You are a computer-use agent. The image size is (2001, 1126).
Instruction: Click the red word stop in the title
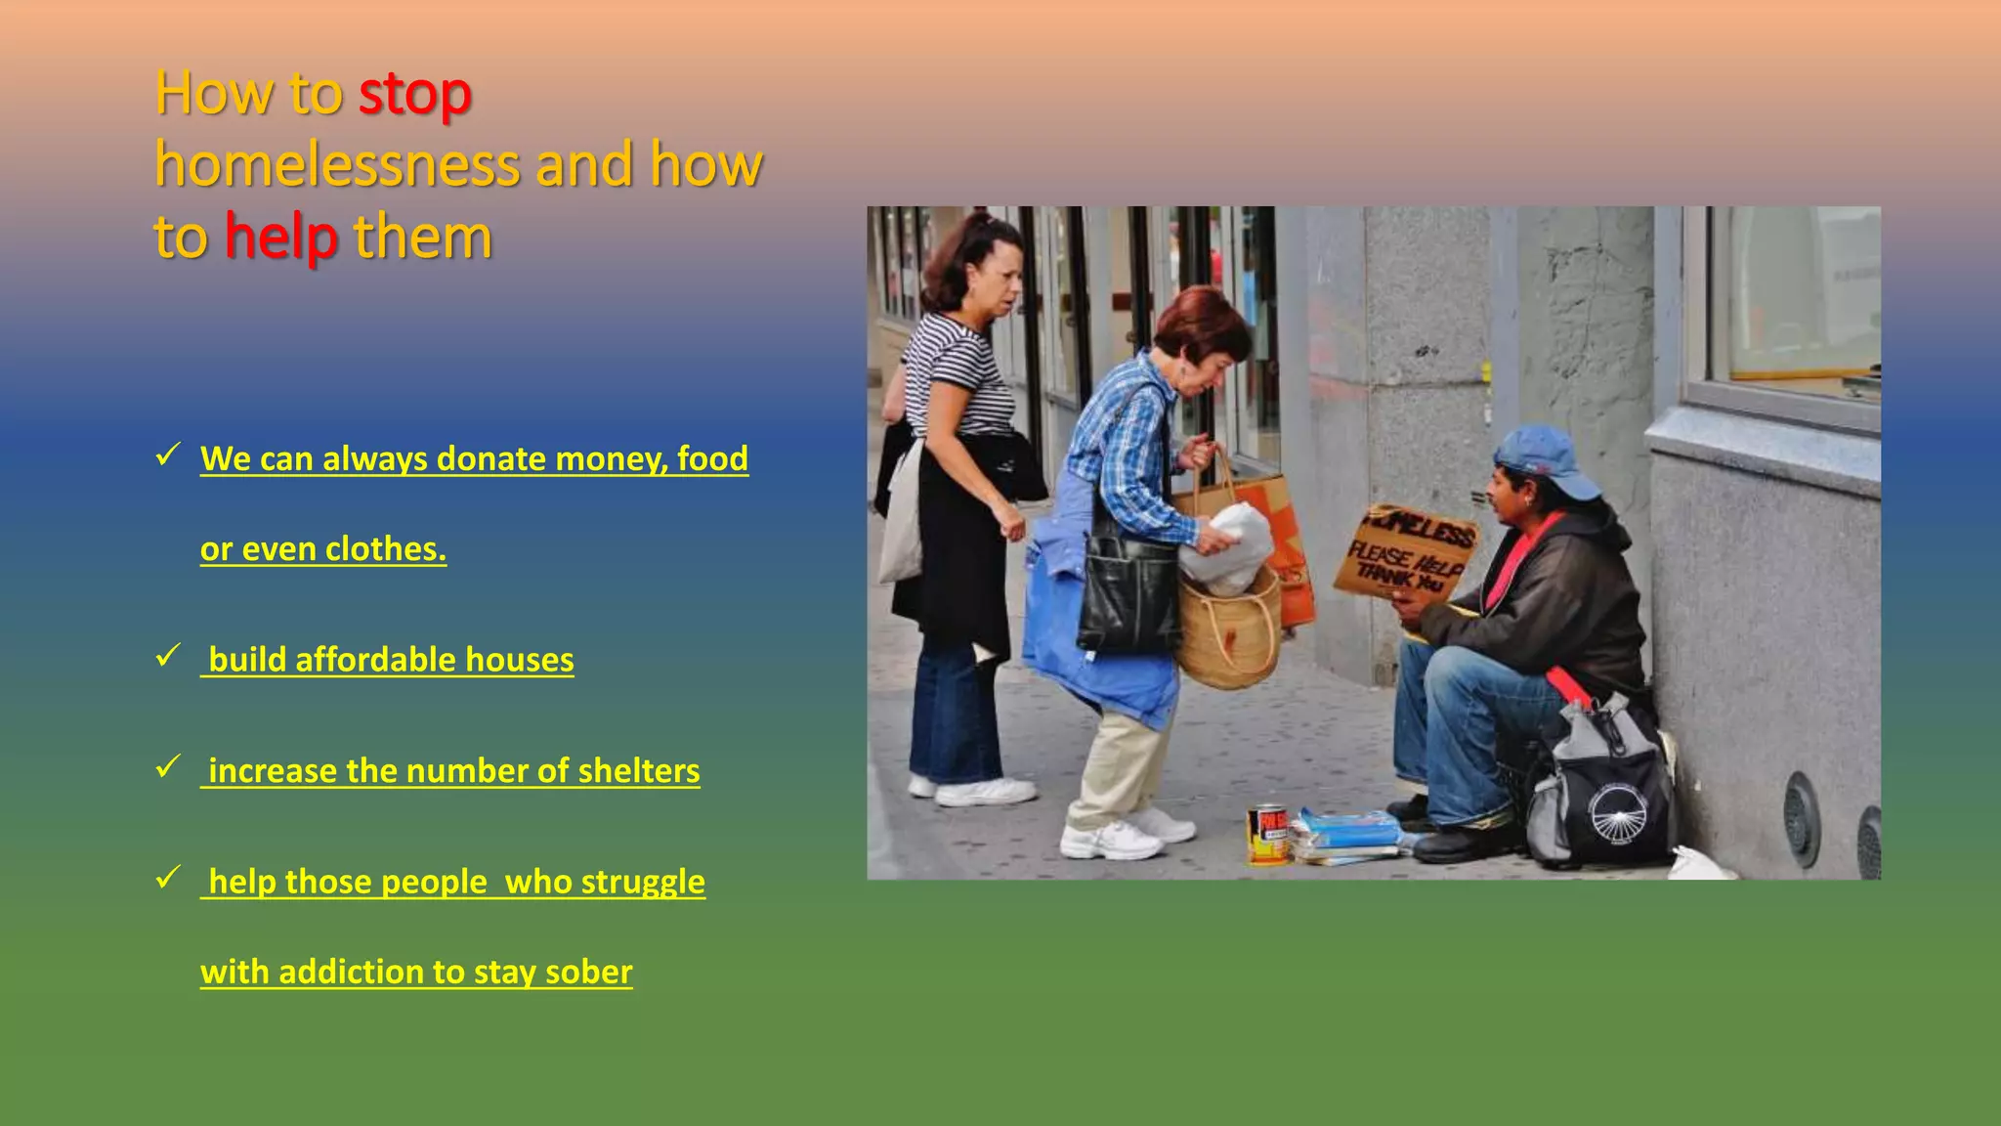(414, 94)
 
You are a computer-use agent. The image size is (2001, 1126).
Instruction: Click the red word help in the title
(281, 238)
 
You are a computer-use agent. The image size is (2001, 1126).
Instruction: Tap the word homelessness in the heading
(337, 164)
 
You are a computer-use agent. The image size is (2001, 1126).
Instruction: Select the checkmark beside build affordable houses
(168, 655)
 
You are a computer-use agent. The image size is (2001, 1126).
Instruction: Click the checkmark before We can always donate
(168, 454)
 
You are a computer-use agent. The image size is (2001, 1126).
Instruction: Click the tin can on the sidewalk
(1268, 834)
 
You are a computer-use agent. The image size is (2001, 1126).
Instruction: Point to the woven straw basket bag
(1229, 630)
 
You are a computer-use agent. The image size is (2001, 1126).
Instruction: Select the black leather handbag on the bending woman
(1129, 596)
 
